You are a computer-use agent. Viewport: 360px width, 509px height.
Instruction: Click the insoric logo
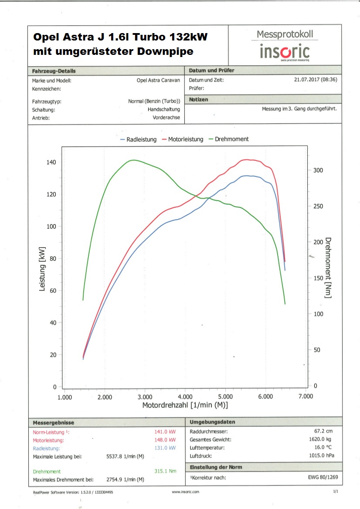285,51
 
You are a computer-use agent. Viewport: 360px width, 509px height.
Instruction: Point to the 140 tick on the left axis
51,162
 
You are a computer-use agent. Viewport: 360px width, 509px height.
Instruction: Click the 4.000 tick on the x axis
185,397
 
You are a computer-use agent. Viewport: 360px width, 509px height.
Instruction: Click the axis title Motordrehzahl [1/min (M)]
185,405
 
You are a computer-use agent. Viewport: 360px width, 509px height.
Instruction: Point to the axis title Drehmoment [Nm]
328,268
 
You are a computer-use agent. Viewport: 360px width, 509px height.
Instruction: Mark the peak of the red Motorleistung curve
247,160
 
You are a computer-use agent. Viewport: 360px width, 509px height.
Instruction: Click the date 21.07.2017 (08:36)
316,80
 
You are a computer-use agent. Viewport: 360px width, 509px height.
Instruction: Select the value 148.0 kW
166,440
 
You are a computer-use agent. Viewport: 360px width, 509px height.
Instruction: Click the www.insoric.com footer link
186,492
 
